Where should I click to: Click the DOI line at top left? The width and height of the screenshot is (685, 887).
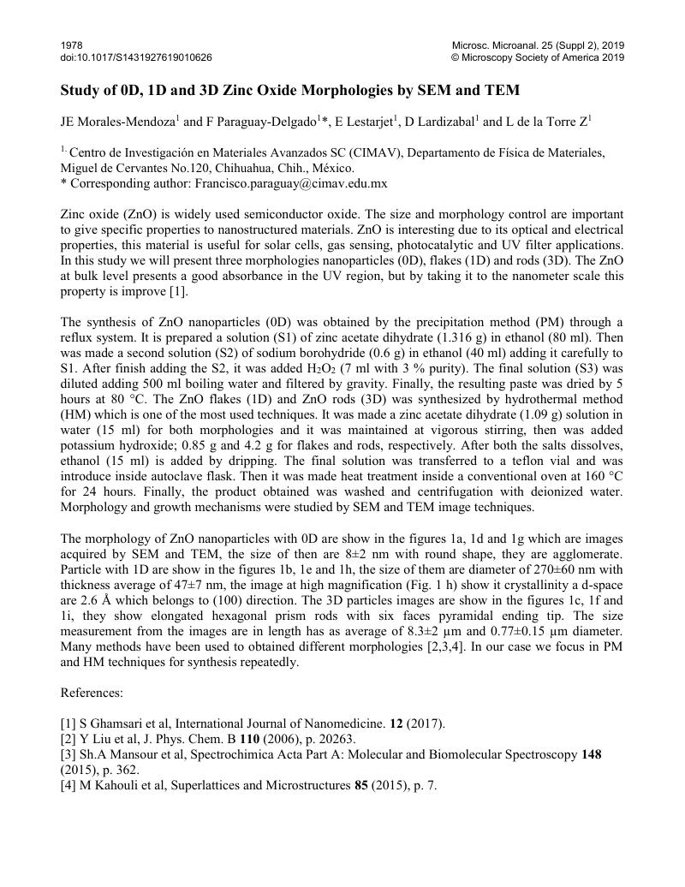136,57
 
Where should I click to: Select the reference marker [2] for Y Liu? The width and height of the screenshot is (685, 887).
68,738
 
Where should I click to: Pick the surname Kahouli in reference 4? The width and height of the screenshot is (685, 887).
107,784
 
